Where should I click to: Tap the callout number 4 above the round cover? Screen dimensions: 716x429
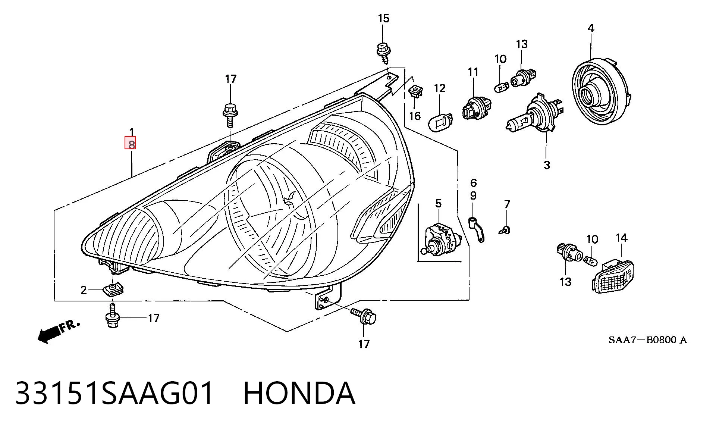point(591,28)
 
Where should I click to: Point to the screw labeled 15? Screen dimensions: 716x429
point(383,53)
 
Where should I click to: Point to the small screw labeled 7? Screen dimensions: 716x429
point(505,229)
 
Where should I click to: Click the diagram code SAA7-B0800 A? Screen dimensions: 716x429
point(648,340)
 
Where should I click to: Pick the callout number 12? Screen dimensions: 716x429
point(440,88)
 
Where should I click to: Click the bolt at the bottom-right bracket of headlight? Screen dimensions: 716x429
point(364,316)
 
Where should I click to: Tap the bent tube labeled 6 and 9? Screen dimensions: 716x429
point(477,228)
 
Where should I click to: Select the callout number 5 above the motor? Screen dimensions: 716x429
point(438,203)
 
